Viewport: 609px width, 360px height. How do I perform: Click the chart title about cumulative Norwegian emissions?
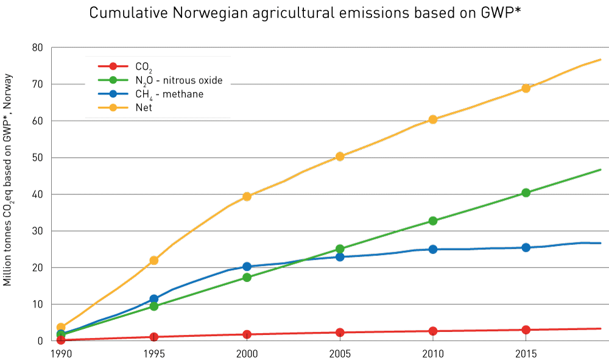pyautogui.click(x=305, y=13)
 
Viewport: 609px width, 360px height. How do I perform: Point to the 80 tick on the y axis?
pyautogui.click(x=38, y=48)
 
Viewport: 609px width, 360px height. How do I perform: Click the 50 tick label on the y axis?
pyautogui.click(x=38, y=158)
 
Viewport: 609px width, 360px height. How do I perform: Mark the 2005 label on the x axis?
pyautogui.click(x=340, y=353)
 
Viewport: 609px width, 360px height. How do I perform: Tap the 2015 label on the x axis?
pyautogui.click(x=526, y=353)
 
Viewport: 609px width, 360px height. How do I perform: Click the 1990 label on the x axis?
pyautogui.click(x=58, y=353)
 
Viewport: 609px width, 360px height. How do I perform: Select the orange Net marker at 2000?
pyautogui.click(x=247, y=196)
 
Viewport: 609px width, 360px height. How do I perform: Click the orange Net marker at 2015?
pyautogui.click(x=526, y=88)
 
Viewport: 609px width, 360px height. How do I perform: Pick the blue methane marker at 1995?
pyautogui.click(x=154, y=299)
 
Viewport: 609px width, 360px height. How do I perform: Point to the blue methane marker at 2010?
pyautogui.click(x=433, y=249)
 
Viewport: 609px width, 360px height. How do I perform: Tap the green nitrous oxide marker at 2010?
pyautogui.click(x=433, y=221)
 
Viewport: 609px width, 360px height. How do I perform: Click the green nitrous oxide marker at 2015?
pyautogui.click(x=526, y=192)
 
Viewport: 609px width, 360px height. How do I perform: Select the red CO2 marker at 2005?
pyautogui.click(x=340, y=333)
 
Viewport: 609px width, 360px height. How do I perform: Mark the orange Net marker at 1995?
pyautogui.click(x=154, y=260)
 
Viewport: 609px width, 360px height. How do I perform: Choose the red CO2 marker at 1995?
pyautogui.click(x=154, y=337)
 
